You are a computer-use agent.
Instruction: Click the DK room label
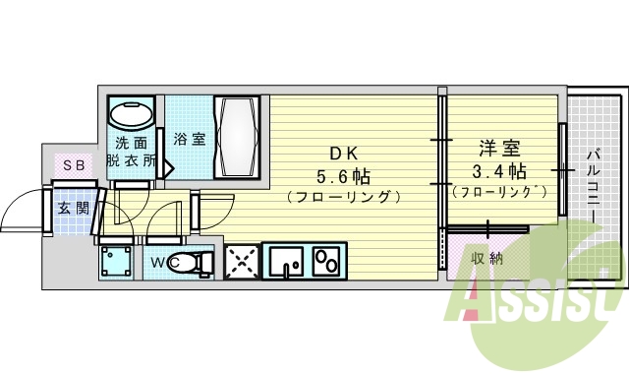[343, 153]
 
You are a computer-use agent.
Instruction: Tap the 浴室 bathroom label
[190, 139]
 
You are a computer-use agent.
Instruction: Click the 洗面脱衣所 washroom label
[131, 150]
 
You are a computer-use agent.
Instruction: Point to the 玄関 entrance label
[71, 208]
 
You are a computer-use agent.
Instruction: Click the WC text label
[164, 262]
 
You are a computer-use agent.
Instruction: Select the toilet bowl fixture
[199, 262]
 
